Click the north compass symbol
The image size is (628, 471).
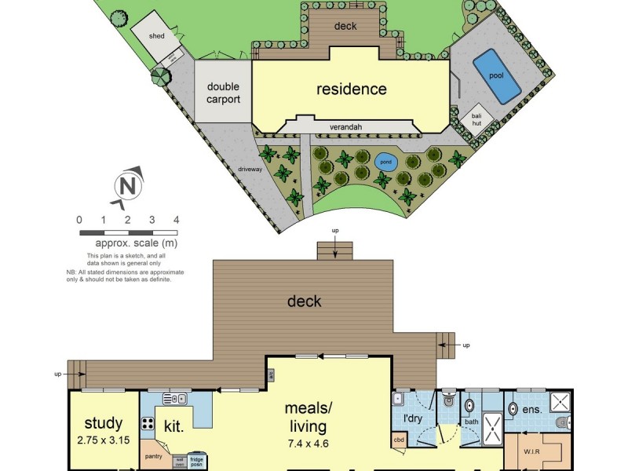(127, 187)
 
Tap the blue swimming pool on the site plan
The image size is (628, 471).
(495, 75)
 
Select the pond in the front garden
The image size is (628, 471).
(385, 163)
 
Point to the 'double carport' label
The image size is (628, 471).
(223, 93)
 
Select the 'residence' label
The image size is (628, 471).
(351, 89)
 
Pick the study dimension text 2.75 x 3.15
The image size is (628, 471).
(104, 440)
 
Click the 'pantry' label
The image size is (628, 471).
(153, 455)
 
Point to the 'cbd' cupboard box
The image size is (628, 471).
(400, 440)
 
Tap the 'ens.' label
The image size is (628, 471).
(533, 410)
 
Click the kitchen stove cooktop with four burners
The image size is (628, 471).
(148, 424)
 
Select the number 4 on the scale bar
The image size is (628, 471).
(177, 220)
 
